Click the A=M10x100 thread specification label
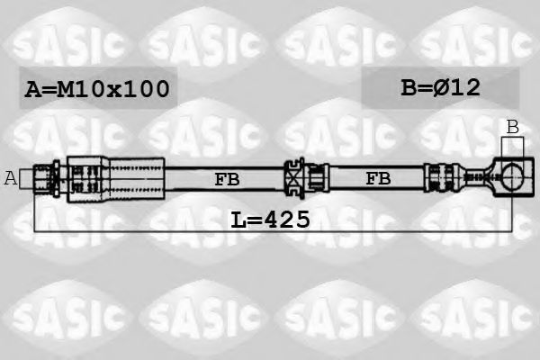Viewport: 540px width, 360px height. [x=96, y=88]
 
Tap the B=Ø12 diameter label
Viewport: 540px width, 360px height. [x=440, y=87]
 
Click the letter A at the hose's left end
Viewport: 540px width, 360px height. [x=11, y=178]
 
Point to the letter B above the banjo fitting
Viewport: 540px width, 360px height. [x=512, y=128]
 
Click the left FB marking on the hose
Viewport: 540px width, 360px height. [x=227, y=179]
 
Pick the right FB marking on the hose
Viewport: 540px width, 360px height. [x=378, y=179]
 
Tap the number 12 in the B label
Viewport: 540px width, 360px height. [x=465, y=87]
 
